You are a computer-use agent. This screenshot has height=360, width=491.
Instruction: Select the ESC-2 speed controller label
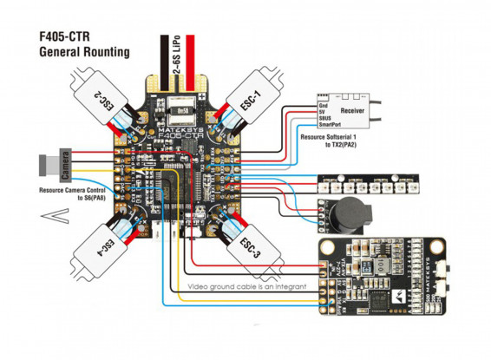(103, 103)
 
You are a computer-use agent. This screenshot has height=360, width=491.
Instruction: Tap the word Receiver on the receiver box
(352, 111)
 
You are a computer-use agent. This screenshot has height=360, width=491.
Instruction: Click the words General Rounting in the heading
(85, 52)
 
